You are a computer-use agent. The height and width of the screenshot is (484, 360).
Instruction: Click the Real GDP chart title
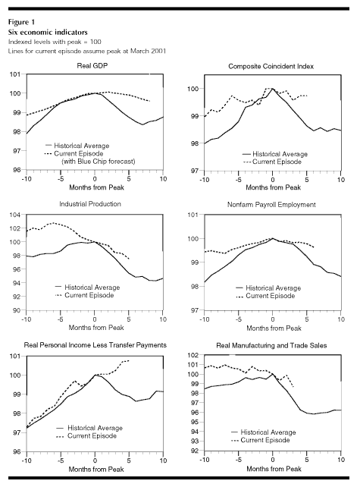click(92, 66)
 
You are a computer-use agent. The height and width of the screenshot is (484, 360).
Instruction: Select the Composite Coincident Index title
click(271, 66)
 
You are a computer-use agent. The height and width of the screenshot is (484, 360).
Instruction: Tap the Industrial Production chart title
click(90, 204)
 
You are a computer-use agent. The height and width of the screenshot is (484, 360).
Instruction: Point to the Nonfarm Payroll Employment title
click(271, 205)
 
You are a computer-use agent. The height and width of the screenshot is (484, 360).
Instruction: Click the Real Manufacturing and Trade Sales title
click(271, 345)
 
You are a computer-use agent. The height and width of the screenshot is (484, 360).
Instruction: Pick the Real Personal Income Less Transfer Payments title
click(95, 345)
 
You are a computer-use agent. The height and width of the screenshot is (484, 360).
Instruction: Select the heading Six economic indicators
click(48, 32)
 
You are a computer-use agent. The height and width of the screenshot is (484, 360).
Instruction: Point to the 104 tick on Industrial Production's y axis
click(15, 215)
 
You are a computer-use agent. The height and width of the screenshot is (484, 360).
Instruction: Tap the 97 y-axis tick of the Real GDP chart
click(17, 151)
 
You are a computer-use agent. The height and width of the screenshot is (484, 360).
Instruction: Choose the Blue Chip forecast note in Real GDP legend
click(99, 162)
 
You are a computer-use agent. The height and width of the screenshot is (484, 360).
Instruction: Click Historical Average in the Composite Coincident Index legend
click(280, 154)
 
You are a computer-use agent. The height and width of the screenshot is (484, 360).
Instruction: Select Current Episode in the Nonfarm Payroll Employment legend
click(271, 296)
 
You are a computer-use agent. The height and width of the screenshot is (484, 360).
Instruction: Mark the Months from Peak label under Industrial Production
click(96, 328)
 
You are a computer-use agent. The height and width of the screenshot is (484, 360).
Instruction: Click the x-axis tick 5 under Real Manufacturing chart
click(307, 460)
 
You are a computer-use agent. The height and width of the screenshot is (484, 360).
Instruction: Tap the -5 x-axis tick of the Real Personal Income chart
click(60, 460)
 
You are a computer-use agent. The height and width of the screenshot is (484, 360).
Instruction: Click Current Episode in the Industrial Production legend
click(89, 295)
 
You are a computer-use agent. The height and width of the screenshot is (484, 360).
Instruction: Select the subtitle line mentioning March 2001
click(87, 51)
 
